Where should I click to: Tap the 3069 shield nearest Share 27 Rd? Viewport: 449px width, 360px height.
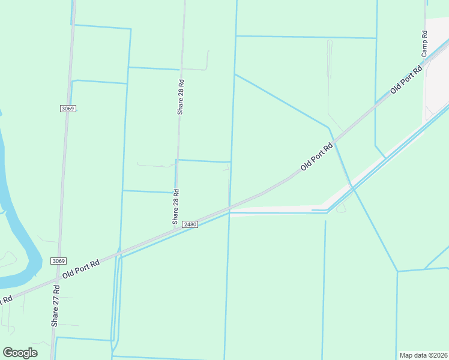pyautogui.click(x=58, y=261)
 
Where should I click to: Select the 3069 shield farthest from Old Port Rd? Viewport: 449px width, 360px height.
pyautogui.click(x=68, y=109)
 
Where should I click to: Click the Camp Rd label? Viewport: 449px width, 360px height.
pyautogui.click(x=424, y=44)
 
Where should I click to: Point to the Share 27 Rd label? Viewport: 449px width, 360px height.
pyautogui.click(x=55, y=306)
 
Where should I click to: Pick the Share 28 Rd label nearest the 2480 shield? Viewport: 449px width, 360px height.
pyautogui.click(x=176, y=207)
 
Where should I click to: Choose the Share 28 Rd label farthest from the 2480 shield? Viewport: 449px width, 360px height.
pyautogui.click(x=180, y=96)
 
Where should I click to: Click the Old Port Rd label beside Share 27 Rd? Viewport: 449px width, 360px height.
pyautogui.click(x=87, y=268)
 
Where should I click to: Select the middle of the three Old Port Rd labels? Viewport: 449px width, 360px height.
pyautogui.click(x=316, y=157)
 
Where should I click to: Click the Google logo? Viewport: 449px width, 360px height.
pyautogui.click(x=20, y=353)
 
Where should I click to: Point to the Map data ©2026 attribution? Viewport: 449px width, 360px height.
pyautogui.click(x=423, y=355)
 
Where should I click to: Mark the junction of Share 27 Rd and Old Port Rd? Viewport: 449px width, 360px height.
pyautogui.click(x=57, y=280)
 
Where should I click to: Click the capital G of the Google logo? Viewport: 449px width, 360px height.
pyautogui.click(x=8, y=353)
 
